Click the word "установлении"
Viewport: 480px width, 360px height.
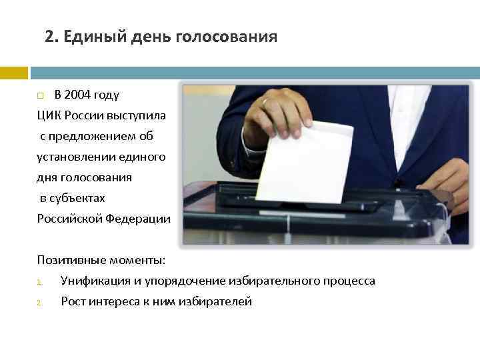coord(71,157)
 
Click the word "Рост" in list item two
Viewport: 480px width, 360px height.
coord(73,301)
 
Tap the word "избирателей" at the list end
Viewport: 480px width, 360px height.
coord(219,301)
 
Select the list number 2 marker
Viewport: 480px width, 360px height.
coord(39,303)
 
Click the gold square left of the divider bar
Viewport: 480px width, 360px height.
coord(13,72)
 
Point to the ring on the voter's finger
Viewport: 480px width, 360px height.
coord(266,102)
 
